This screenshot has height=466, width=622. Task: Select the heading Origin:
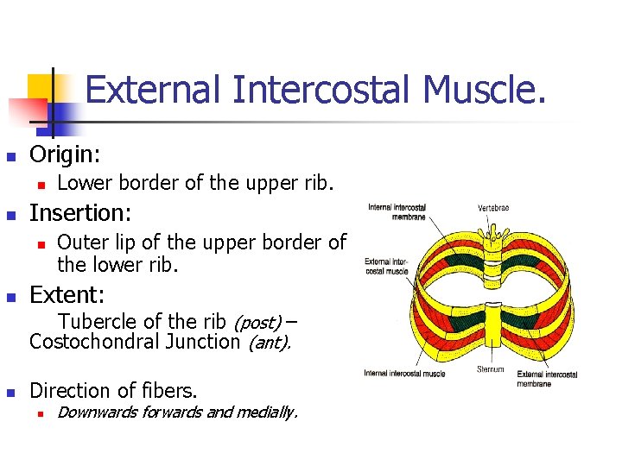tap(65, 155)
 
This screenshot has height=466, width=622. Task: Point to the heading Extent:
tap(67, 295)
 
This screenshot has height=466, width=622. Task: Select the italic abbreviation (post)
tap(257, 323)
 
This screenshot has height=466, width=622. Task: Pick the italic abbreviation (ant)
tap(269, 343)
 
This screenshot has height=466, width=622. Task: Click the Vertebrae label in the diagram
tap(493, 208)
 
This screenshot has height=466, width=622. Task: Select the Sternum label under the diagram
tap(490, 368)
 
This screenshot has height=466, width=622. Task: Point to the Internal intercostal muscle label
tap(404, 374)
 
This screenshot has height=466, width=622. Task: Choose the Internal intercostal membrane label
tap(397, 212)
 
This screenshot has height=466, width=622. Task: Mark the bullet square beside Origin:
tap(10, 157)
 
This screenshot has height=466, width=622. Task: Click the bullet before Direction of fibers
tap(10, 391)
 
